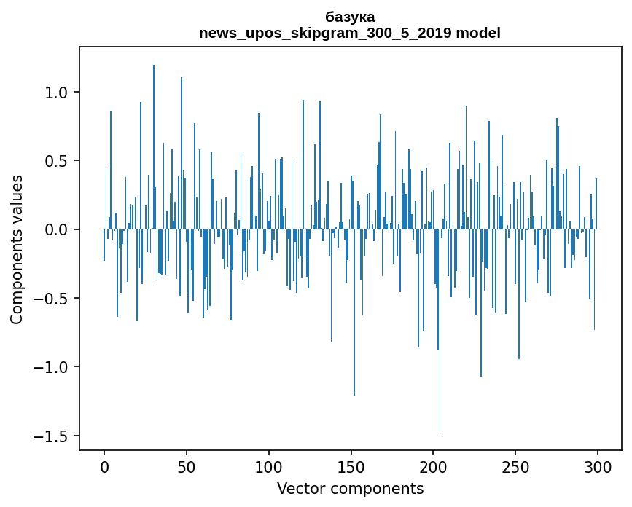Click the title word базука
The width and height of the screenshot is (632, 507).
(350, 17)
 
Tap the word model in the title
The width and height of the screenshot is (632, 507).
(478, 34)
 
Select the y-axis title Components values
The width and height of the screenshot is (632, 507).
(17, 250)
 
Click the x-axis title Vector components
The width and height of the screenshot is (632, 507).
(350, 489)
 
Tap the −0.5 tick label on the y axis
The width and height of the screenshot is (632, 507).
(52, 299)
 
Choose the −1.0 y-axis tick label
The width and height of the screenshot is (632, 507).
(52, 367)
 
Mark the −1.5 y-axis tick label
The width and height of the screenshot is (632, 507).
(52, 436)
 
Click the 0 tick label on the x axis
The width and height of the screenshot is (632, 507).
(104, 467)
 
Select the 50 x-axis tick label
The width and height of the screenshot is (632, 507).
(187, 467)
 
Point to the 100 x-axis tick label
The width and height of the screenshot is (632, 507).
(269, 467)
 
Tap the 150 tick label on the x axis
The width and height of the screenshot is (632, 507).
(351, 467)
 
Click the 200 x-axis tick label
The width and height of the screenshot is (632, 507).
(433, 467)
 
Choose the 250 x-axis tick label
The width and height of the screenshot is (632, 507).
(515, 467)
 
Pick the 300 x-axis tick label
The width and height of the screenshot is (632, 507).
(598, 467)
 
